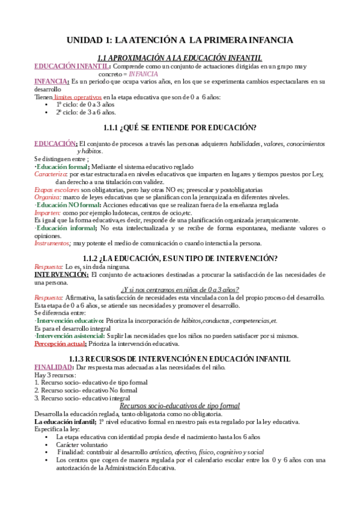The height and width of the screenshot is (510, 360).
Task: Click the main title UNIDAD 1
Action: (x=180, y=40)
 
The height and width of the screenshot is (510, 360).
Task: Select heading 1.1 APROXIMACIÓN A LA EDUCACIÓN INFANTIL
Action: (x=180, y=58)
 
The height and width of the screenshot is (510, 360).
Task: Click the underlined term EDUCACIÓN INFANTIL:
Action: (x=72, y=66)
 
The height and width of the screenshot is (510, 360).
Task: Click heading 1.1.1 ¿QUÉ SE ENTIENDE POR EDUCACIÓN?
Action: (x=180, y=127)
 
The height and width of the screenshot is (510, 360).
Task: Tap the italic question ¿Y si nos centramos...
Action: (x=180, y=289)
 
